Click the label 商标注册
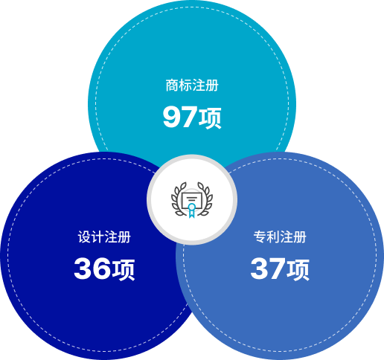[x=192, y=86]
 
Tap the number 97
[x=180, y=117]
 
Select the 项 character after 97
[x=210, y=118]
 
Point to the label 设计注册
[x=104, y=237]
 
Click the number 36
[x=92, y=269]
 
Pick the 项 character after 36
[x=123, y=270]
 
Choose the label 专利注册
[x=280, y=237]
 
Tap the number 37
[x=268, y=269]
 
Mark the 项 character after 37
[x=298, y=270]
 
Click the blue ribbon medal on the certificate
[x=191, y=210]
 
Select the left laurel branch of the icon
[x=179, y=199]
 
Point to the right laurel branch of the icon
[x=205, y=199]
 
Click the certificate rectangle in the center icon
[x=192, y=200]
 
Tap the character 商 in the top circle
[x=172, y=86]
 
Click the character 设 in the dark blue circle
[x=84, y=237]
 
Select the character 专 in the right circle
[x=260, y=237]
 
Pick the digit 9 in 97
[x=171, y=117]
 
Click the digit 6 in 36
[x=101, y=269]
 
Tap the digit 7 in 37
[x=277, y=269]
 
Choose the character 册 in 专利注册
[x=300, y=237]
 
